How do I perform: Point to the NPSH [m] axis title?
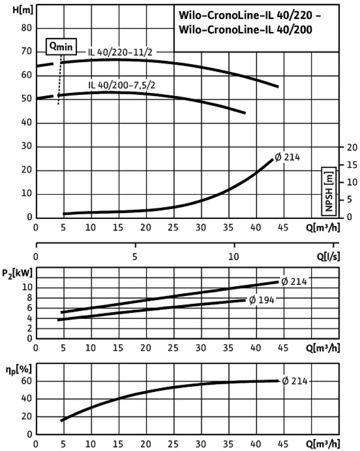330,190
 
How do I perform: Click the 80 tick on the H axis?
27,29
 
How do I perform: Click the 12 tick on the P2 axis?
28,278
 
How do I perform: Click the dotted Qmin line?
60,79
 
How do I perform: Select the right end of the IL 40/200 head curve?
244,113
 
